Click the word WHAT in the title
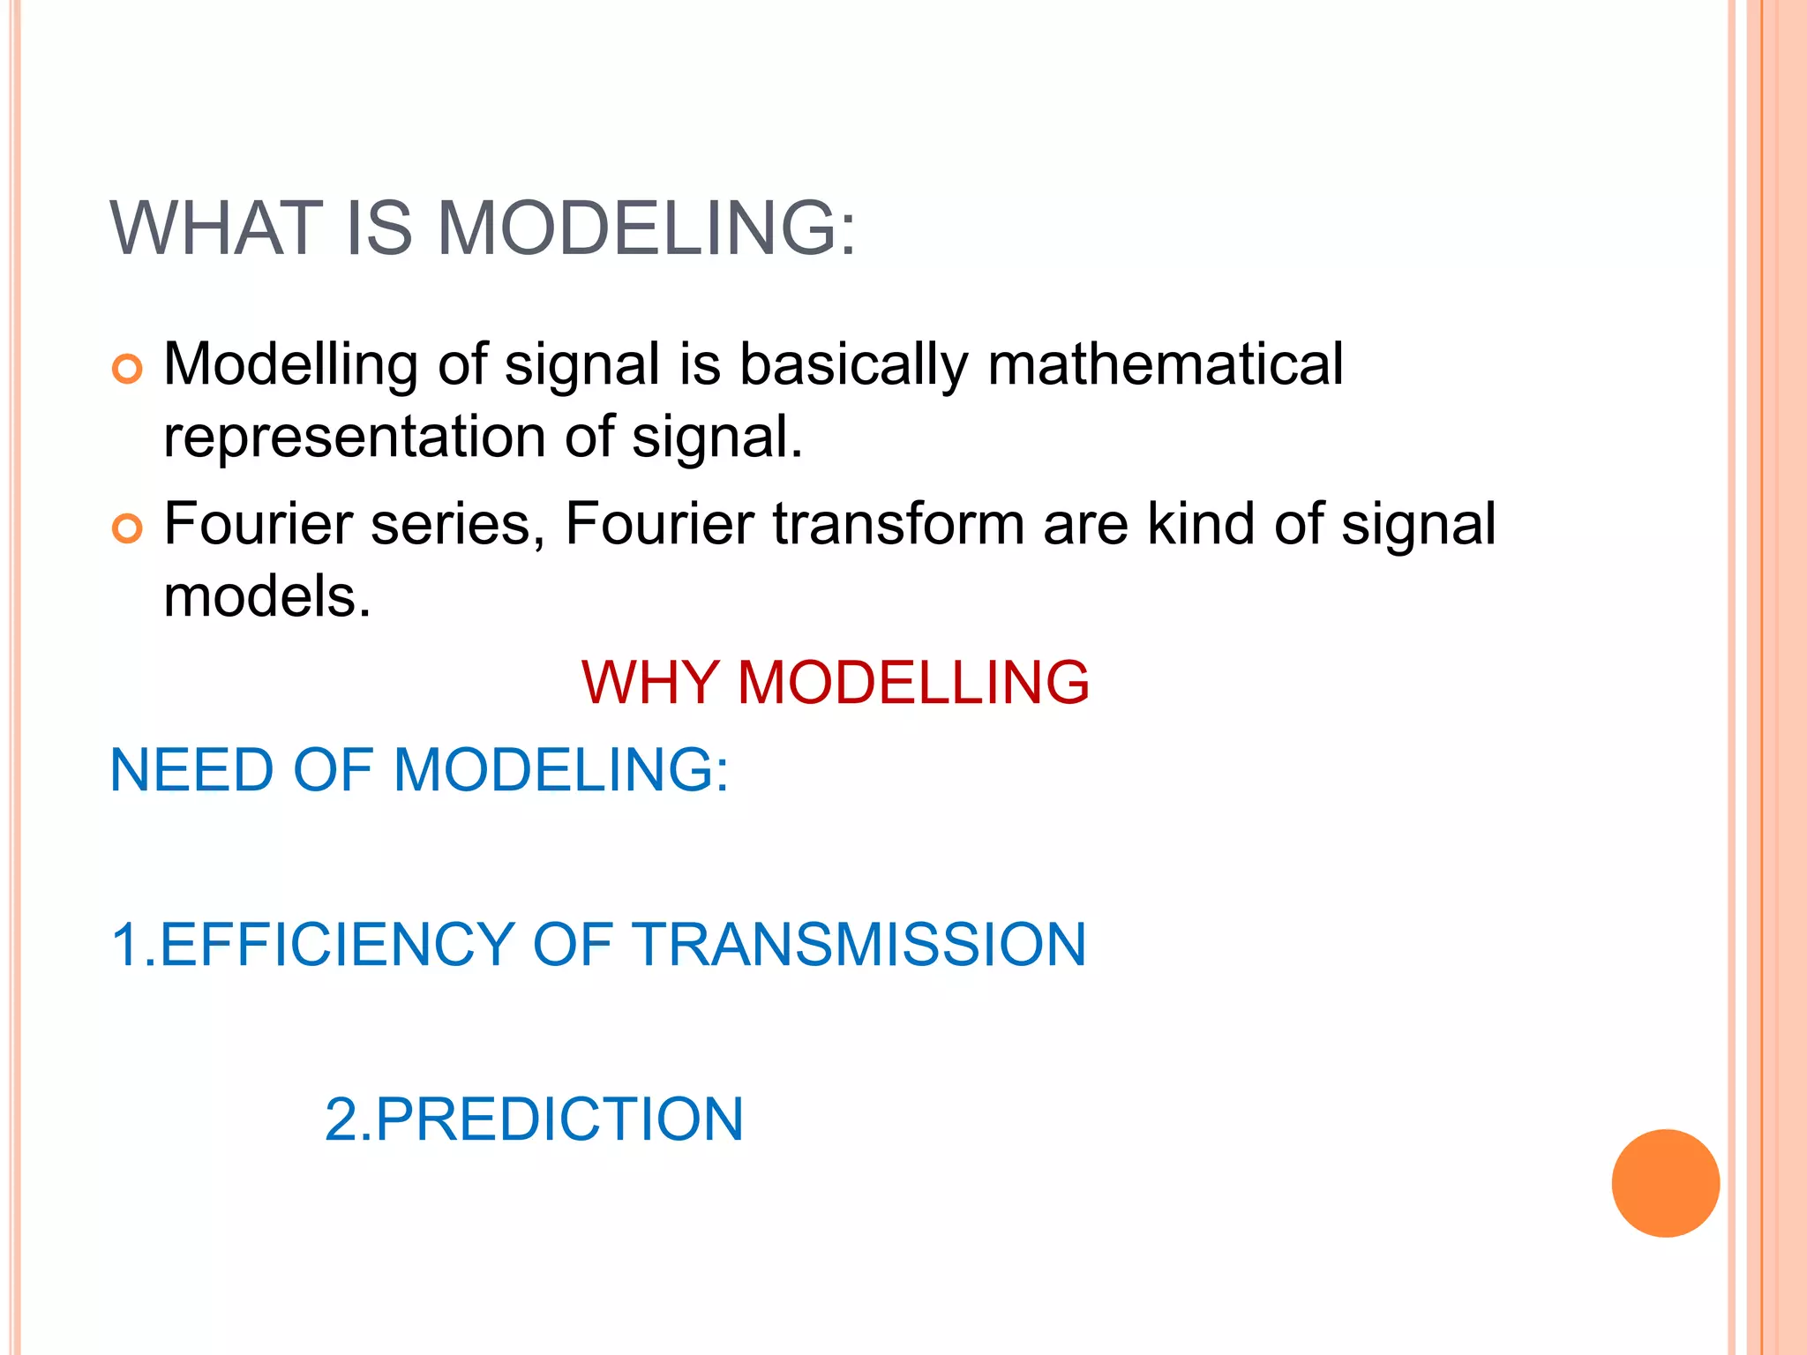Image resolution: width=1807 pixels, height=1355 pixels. click(x=216, y=228)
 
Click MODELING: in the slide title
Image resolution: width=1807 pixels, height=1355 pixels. click(x=647, y=228)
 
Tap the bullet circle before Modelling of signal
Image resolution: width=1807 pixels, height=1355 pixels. click(x=127, y=369)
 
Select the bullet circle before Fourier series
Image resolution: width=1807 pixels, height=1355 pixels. click(x=127, y=528)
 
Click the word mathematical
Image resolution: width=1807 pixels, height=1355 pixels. click(x=1165, y=364)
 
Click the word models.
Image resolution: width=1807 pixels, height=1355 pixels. click(x=266, y=597)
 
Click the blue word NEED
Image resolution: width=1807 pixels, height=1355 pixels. click(x=191, y=769)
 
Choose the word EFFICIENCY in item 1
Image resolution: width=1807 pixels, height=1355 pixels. click(x=337, y=945)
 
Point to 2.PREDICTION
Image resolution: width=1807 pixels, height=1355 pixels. click(x=534, y=1119)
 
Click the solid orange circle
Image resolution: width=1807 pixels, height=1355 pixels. click(x=1665, y=1183)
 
